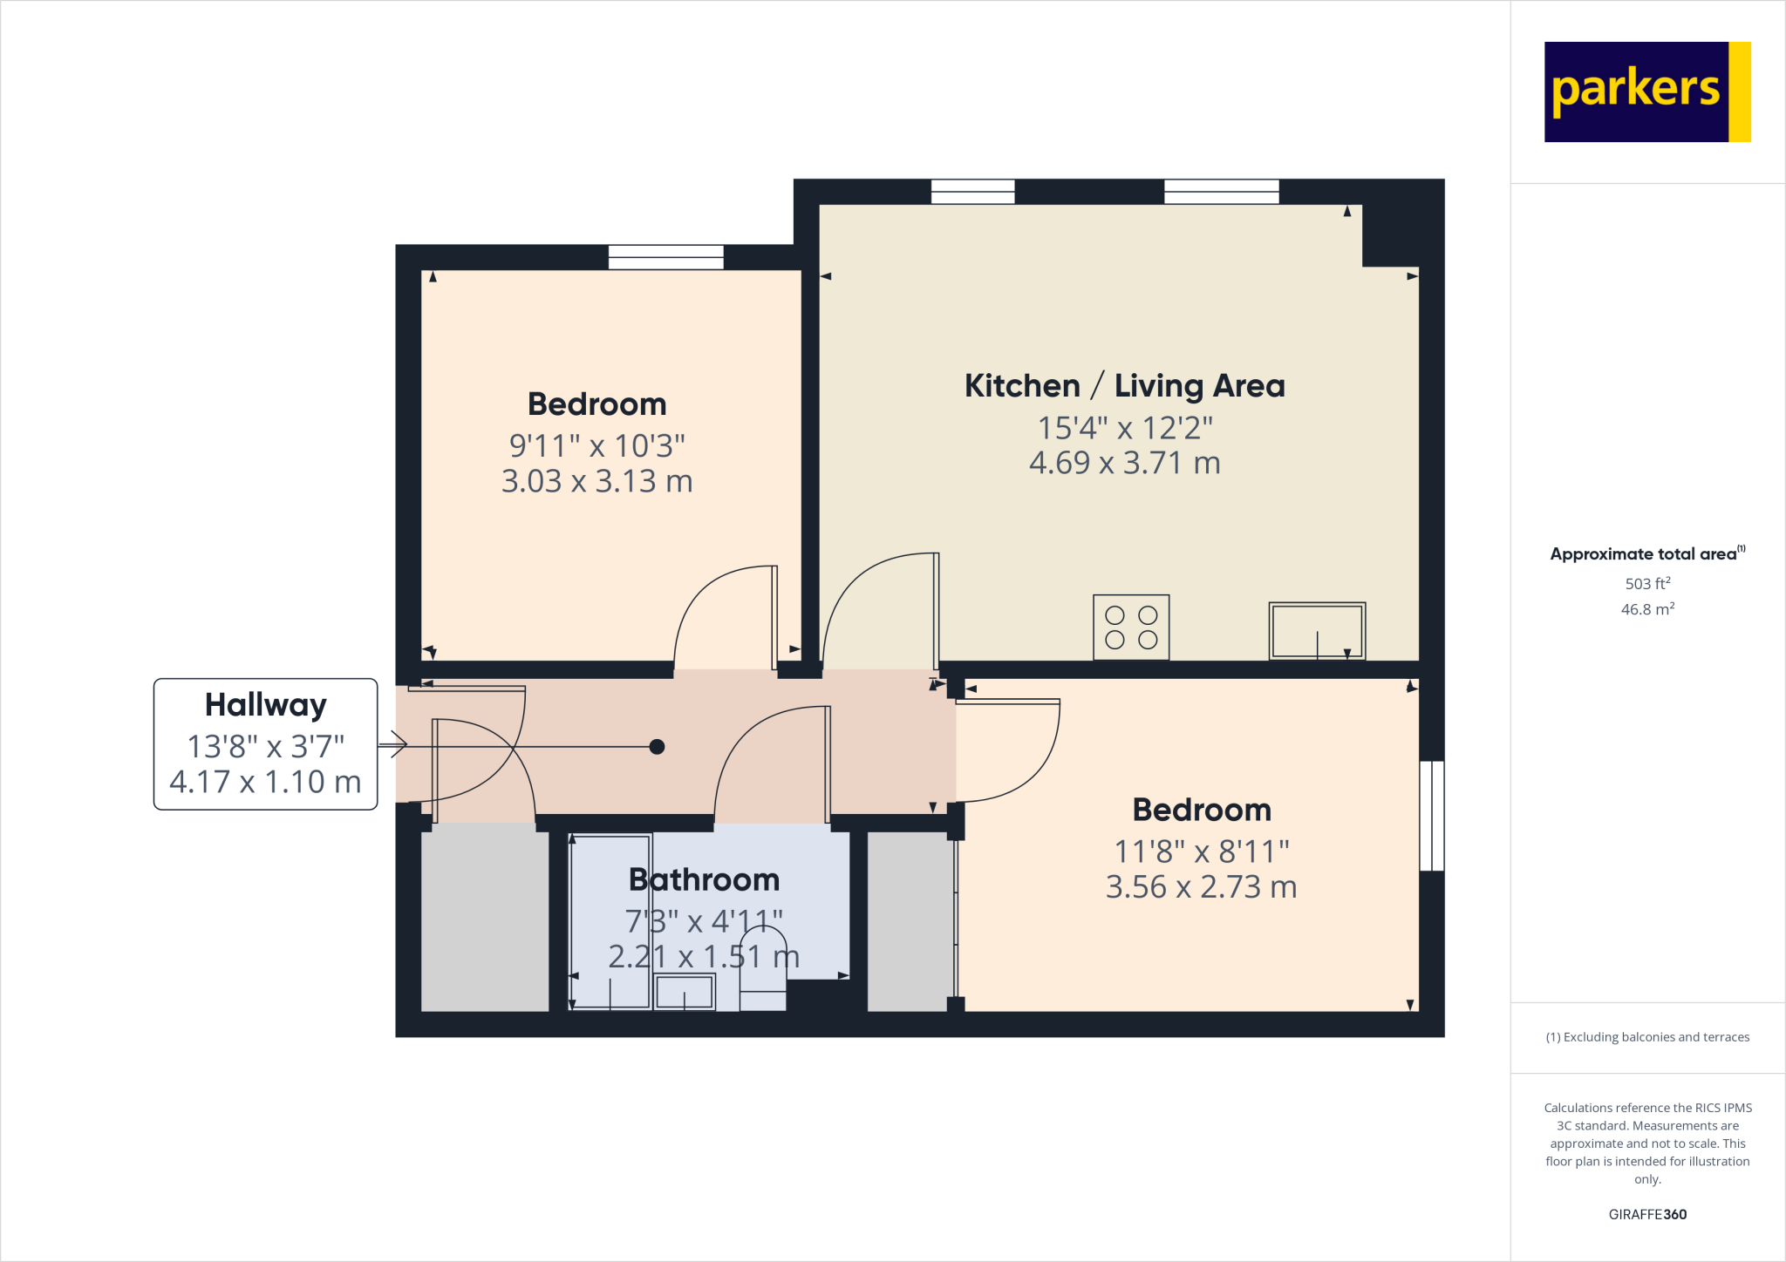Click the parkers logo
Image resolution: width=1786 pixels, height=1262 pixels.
(1646, 92)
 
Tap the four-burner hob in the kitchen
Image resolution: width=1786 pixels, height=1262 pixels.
(1131, 628)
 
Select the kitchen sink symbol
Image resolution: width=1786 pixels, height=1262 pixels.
(1317, 630)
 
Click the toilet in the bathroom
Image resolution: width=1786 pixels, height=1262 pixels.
(763, 972)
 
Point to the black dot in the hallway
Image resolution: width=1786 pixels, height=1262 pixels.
(658, 746)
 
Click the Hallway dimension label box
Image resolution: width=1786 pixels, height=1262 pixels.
(265, 744)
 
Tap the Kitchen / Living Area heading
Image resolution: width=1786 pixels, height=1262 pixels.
(1124, 385)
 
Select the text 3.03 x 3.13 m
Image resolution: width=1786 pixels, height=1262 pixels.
(596, 481)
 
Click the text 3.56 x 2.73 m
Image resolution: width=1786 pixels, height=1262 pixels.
(1201, 887)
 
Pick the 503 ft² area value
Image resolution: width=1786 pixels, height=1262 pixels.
(1647, 583)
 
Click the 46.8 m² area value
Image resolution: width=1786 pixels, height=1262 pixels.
(1647, 609)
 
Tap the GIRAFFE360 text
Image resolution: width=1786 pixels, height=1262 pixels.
(1647, 1214)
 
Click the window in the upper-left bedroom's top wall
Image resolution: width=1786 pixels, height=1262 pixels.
(665, 257)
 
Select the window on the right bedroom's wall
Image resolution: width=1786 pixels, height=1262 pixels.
(1432, 816)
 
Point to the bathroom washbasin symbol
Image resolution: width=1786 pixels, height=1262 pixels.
(685, 992)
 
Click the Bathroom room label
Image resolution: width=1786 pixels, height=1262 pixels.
(704, 879)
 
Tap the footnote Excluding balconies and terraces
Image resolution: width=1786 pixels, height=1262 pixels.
(1647, 1037)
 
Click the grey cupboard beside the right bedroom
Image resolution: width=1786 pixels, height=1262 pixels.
(907, 921)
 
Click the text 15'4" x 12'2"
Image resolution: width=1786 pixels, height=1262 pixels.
(1124, 428)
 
